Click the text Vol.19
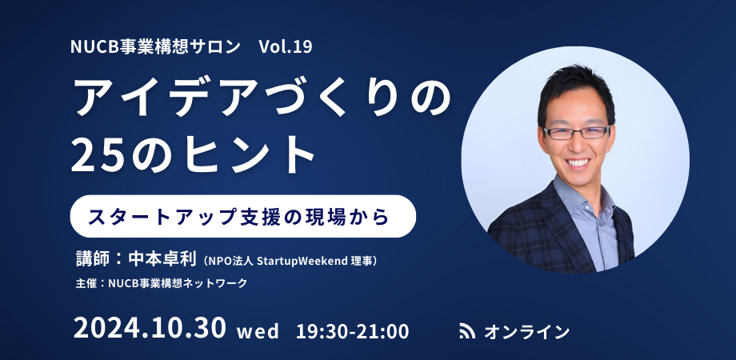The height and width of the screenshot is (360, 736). [x=286, y=46]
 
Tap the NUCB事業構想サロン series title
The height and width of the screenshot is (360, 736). [x=155, y=46]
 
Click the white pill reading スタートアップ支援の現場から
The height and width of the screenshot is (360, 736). [x=243, y=216]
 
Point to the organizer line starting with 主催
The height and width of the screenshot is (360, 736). [x=160, y=283]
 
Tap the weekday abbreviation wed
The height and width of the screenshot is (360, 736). [x=257, y=330]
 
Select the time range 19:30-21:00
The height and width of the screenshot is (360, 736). [x=352, y=330]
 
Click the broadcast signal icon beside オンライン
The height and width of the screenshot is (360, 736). [x=467, y=330]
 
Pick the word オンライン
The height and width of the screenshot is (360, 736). [x=526, y=330]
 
